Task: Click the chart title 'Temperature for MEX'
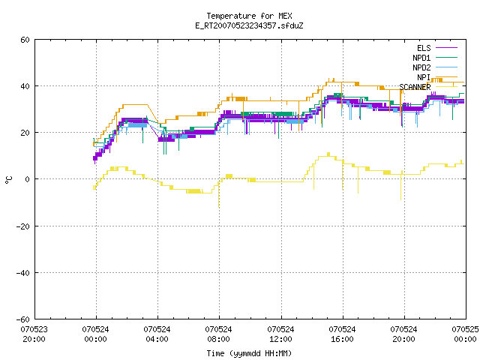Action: tap(249, 16)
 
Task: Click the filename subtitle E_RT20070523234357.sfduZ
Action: tap(249, 25)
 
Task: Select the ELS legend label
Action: tap(424, 48)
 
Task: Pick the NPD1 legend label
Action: tap(421, 58)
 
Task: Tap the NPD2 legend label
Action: tap(421, 67)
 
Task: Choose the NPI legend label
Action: tap(424, 77)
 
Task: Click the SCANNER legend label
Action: tap(415, 87)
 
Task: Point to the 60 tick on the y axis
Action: tap(25, 40)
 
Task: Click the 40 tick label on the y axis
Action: tap(25, 86)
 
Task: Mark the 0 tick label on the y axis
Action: tap(27, 179)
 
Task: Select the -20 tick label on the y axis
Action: tap(22, 226)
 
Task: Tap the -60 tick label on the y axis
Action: tap(22, 319)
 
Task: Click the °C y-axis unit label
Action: tap(9, 180)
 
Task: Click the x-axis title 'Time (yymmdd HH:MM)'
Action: tap(249, 353)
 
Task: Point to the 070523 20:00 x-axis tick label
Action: tap(34, 334)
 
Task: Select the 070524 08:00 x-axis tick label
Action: tap(218, 334)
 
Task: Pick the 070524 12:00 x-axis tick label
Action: tap(280, 334)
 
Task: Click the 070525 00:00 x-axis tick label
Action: tap(465, 334)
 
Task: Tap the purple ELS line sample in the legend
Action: tap(446, 48)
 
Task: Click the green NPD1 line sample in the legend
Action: tap(446, 58)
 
